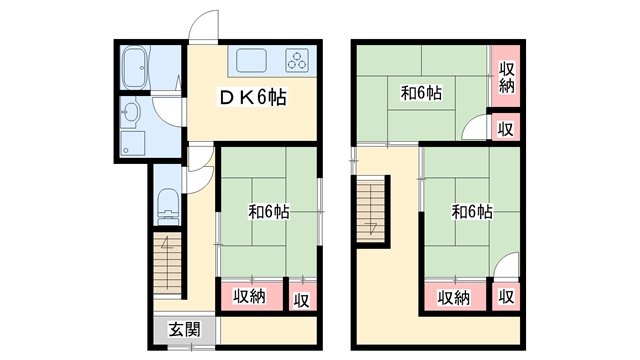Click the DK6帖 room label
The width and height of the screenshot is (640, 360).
253,97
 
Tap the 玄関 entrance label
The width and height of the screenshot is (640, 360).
185,330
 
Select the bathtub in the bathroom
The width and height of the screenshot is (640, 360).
134,68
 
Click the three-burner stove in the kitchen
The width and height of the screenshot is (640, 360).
297,60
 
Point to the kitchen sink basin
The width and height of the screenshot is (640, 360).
251,60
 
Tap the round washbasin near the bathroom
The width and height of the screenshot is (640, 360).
131,111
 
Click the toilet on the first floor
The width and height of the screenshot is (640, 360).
169,206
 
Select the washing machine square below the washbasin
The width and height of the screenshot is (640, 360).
133,143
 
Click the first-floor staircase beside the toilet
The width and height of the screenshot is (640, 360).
167,263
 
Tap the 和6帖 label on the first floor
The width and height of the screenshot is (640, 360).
269,212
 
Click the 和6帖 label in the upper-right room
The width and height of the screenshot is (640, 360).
421,93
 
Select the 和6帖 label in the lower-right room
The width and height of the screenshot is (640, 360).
472,212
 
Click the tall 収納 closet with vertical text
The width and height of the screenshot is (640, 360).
506,76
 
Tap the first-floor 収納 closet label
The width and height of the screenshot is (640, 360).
249,296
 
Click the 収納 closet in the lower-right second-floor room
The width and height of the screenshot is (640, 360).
454,298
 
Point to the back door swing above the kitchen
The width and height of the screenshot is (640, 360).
203,25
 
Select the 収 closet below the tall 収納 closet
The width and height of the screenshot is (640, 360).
506,128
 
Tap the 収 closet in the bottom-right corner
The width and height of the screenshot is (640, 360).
506,297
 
